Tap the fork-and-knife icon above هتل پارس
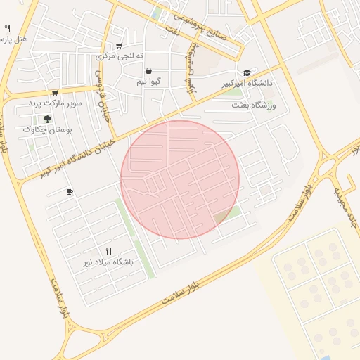tap(7, 29)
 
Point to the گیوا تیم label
tap(149, 82)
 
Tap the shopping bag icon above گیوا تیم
tap(149, 71)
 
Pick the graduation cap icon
tap(247, 72)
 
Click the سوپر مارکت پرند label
tap(55, 103)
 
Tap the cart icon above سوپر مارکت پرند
tap(55, 93)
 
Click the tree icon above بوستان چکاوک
tap(47, 119)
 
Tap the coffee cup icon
tap(69, 191)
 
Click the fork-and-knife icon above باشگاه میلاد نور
tap(108, 250)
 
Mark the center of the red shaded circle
tap(180, 179)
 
